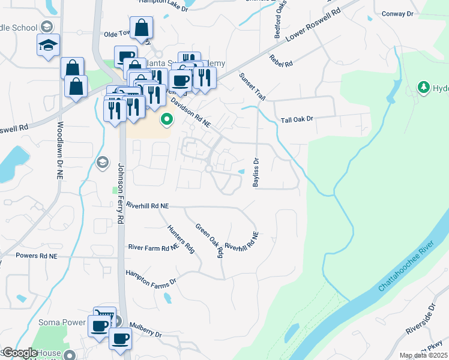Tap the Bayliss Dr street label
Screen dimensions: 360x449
[x=256, y=172]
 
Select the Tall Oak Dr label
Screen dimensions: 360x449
[x=297, y=120]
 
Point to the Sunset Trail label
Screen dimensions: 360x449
[x=252, y=87]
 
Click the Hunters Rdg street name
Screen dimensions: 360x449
[x=181, y=238]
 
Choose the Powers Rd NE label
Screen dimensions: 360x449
[x=36, y=256]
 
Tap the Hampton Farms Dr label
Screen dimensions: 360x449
[x=150, y=277]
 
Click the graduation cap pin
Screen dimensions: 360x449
[x=48, y=46]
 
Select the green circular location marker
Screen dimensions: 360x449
[x=167, y=121]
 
